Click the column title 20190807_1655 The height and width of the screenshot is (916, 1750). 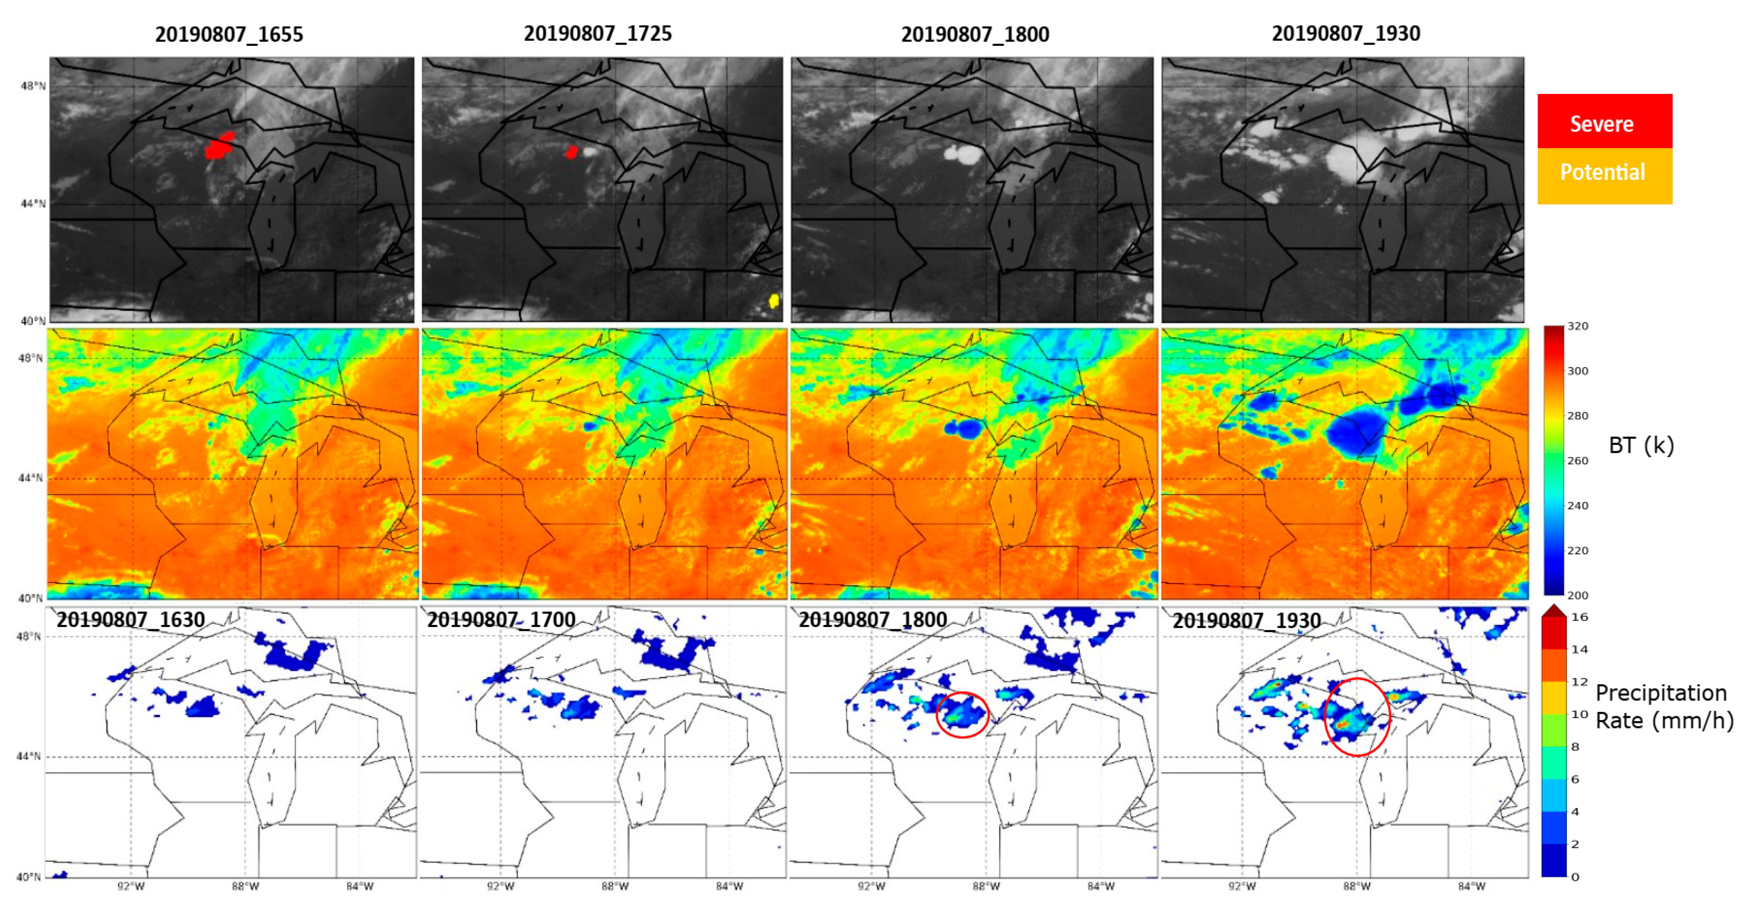pyautogui.click(x=229, y=34)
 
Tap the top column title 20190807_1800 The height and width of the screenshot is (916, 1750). pyautogui.click(x=975, y=34)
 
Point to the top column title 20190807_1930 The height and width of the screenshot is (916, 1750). pyautogui.click(x=1345, y=33)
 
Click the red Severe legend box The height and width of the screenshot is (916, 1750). pyautogui.click(x=1604, y=122)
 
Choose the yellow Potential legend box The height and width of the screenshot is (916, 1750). pyautogui.click(x=1604, y=173)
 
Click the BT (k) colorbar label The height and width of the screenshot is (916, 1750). pyautogui.click(x=1641, y=445)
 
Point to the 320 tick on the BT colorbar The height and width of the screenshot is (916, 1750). pyautogui.click(x=1577, y=326)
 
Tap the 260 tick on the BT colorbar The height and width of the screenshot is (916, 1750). pyautogui.click(x=1577, y=461)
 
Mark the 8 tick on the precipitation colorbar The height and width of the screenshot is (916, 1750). pyautogui.click(x=1575, y=746)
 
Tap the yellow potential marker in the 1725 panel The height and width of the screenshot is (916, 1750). pyautogui.click(x=773, y=301)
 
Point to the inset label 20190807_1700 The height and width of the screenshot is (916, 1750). pyautogui.click(x=502, y=619)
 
